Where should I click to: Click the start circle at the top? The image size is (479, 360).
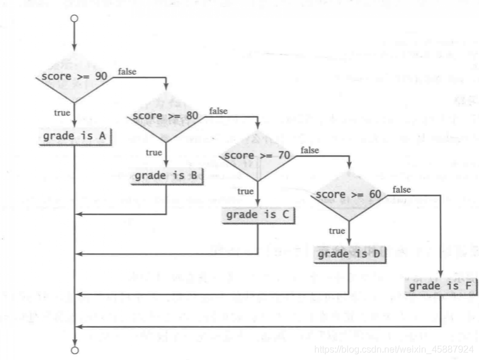point(74,19)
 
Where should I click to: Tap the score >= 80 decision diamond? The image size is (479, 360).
point(167,116)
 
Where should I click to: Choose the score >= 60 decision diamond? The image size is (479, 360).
point(349,195)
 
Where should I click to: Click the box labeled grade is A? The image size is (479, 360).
point(74,137)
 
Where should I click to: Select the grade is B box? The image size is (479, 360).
point(167,175)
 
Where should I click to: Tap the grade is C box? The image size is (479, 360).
point(258,215)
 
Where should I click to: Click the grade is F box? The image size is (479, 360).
point(440,287)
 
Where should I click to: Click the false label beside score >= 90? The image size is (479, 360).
point(128,72)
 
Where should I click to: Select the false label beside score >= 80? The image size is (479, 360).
point(219,111)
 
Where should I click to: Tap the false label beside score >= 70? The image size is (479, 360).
point(310,150)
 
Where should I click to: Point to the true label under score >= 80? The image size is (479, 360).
point(154,152)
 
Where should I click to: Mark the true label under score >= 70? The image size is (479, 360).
point(245,191)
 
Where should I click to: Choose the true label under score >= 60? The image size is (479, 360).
point(337,231)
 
